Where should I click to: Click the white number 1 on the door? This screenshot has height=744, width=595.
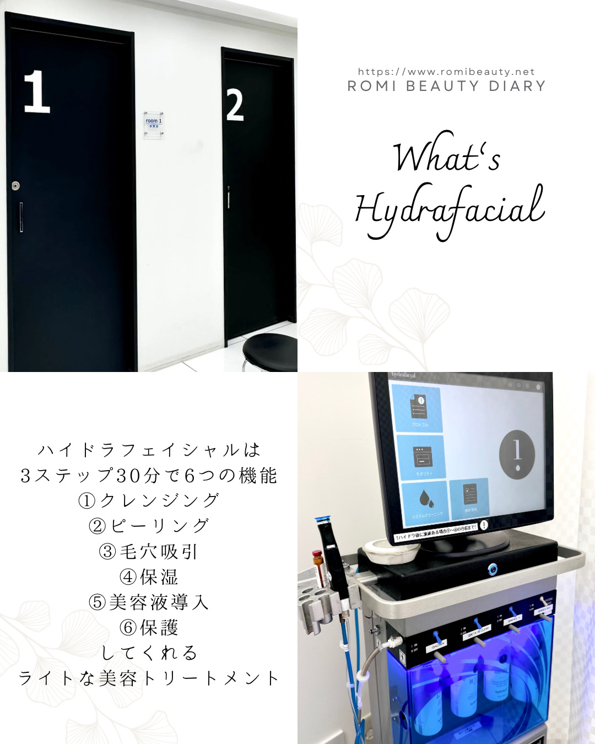pos(36,91)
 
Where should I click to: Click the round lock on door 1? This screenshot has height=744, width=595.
pos(15,186)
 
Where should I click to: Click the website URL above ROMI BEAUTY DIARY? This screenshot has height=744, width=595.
pos(446,72)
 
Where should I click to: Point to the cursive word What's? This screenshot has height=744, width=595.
pos(446,157)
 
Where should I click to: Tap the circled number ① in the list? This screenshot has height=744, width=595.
pos(87,500)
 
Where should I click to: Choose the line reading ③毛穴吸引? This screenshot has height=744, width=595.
pos(148,551)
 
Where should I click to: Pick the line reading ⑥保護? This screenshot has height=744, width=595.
pos(149,627)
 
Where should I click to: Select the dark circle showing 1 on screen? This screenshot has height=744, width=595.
pos(517,455)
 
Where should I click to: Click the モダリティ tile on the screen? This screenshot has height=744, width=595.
pos(421,457)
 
